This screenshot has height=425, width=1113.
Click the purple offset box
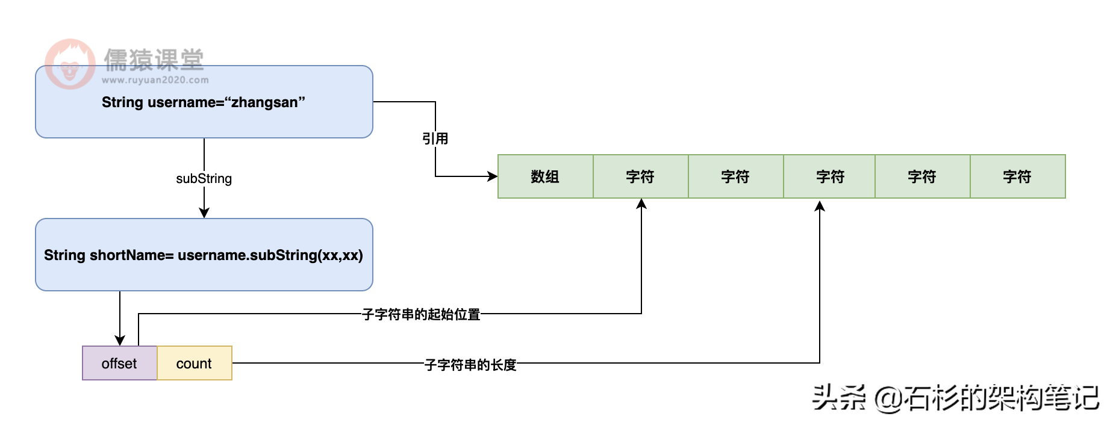pyautogui.click(x=119, y=363)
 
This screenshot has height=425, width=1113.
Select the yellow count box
pyautogui.click(x=194, y=363)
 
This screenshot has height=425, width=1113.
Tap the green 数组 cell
pyautogui.click(x=545, y=176)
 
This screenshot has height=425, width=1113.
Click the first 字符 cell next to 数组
pyautogui.click(x=640, y=176)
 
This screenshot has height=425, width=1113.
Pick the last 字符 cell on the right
pyautogui.click(x=1017, y=176)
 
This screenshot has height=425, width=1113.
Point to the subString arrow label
pyautogui.click(x=204, y=179)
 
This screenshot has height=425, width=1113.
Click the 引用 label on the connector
pyautogui.click(x=435, y=138)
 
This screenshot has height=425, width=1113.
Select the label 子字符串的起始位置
pyautogui.click(x=421, y=314)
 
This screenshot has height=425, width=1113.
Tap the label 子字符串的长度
pyautogui.click(x=470, y=365)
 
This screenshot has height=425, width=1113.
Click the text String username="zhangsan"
pyautogui.click(x=203, y=102)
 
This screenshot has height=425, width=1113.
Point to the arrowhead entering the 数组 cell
pyautogui.click(x=493, y=176)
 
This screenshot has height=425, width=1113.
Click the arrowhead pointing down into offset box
pyautogui.click(x=120, y=340)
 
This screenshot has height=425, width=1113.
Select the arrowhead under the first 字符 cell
pyautogui.click(x=641, y=204)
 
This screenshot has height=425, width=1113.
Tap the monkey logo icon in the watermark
pyautogui.click(x=70, y=64)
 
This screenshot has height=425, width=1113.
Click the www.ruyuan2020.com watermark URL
pyautogui.click(x=155, y=80)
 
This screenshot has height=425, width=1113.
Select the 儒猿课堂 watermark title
pyautogui.click(x=154, y=60)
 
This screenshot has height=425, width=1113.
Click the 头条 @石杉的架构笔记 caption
pyautogui.click(x=955, y=397)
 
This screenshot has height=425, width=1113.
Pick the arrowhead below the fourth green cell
pyautogui.click(x=820, y=206)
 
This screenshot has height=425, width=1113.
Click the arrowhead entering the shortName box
pyautogui.click(x=204, y=212)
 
